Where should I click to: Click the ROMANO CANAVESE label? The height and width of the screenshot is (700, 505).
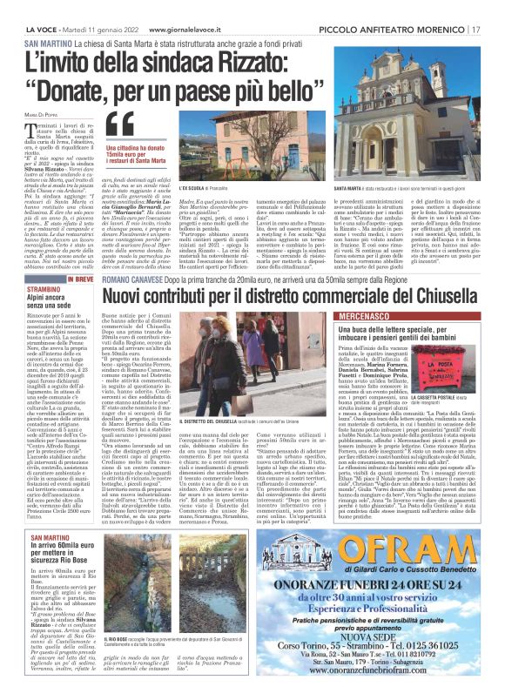tap(132, 284)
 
